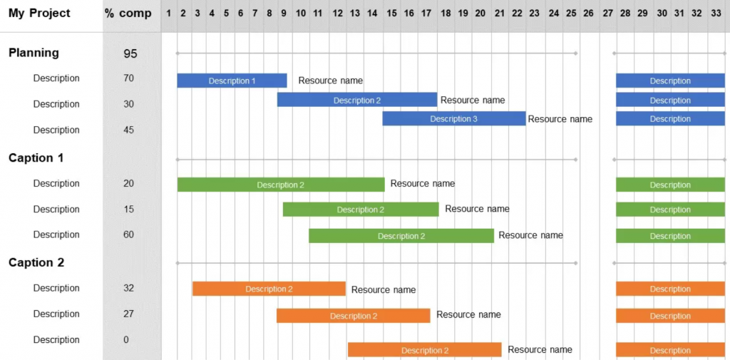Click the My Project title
click(x=39, y=14)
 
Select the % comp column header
click(x=128, y=14)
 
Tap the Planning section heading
click(x=34, y=53)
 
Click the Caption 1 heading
click(x=36, y=158)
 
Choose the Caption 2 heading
click(x=36, y=262)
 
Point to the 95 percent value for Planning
click(x=130, y=53)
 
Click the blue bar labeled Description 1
click(x=232, y=81)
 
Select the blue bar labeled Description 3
click(x=453, y=119)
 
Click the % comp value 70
click(x=128, y=78)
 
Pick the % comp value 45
click(x=128, y=130)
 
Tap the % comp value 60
click(x=128, y=235)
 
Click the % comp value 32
click(x=128, y=288)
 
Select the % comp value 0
click(x=126, y=339)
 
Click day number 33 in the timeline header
click(x=716, y=14)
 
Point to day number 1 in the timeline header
click(x=169, y=14)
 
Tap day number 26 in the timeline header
click(x=587, y=14)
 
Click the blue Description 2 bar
click(x=356, y=100)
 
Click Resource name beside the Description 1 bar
click(x=330, y=81)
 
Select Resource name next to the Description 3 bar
click(x=560, y=119)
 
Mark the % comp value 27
click(x=128, y=314)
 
